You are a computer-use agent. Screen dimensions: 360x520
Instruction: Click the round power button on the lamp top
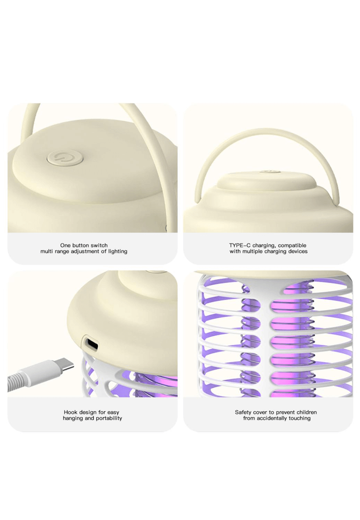[65, 157]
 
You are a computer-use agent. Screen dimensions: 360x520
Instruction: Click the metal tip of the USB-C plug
[65, 366]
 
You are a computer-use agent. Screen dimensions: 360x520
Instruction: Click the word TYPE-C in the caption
[240, 245]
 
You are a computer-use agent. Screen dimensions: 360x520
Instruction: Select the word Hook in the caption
[71, 412]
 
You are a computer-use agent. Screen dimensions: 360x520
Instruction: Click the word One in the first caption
[65, 245]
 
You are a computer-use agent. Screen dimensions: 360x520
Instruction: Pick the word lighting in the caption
[118, 251]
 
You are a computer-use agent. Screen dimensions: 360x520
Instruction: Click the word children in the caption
[307, 412]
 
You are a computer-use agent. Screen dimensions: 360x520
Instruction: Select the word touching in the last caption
[300, 418]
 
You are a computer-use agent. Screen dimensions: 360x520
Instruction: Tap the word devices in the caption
[298, 251]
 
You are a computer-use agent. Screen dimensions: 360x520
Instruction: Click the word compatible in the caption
[292, 245]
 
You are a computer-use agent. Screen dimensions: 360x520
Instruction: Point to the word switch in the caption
[99, 245]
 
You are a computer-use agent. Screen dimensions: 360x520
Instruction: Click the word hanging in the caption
[73, 418]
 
